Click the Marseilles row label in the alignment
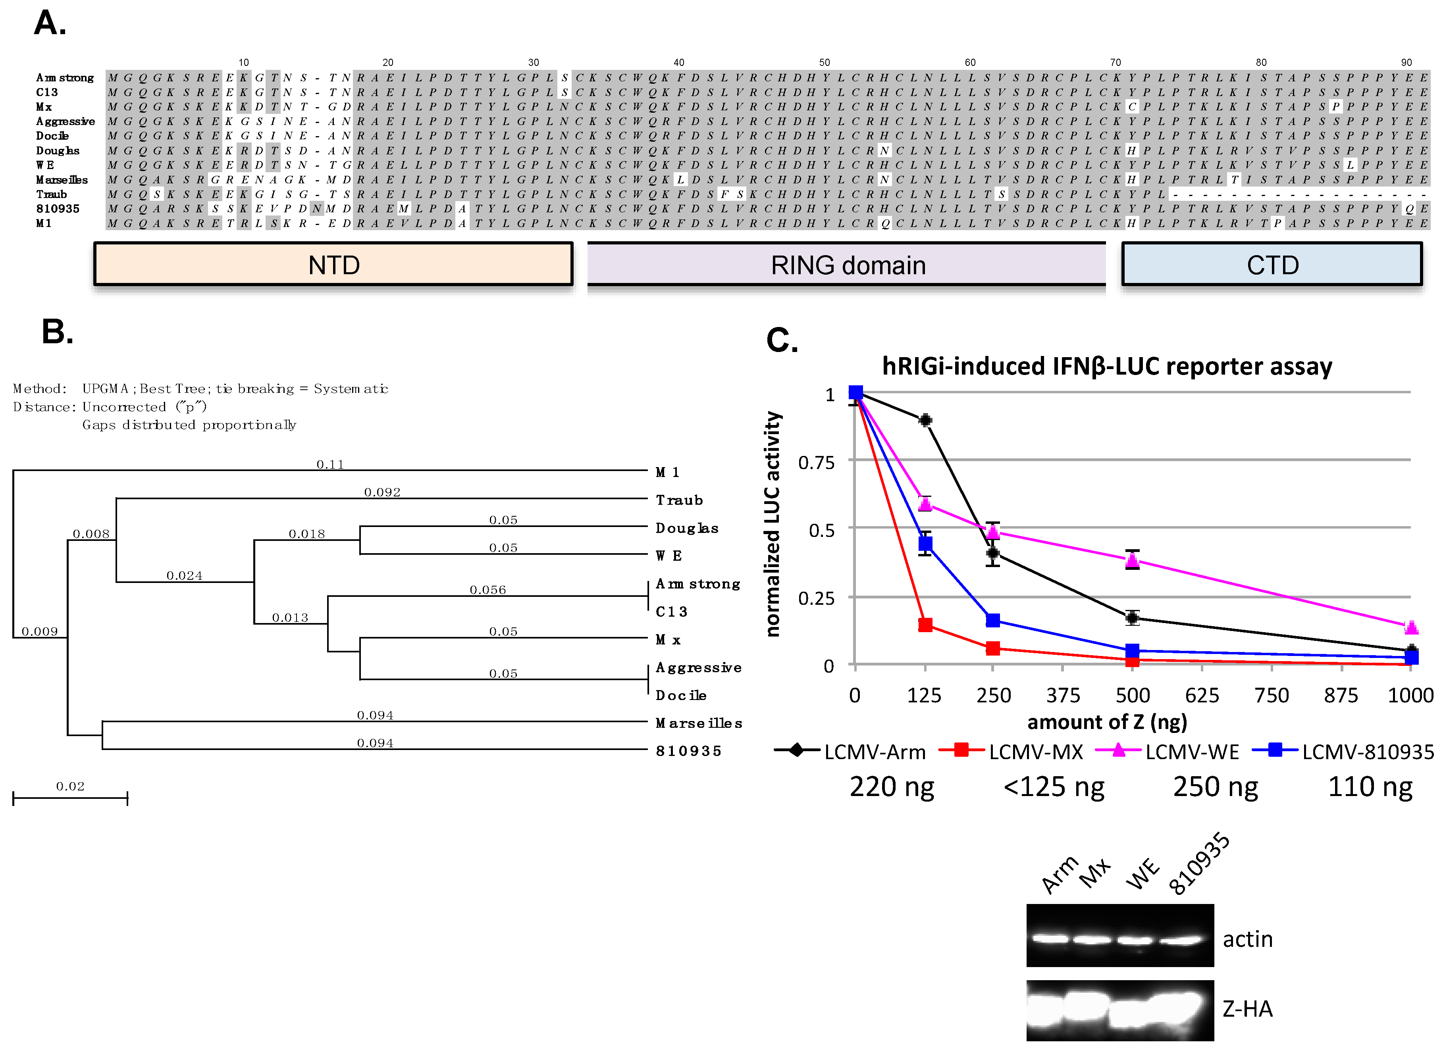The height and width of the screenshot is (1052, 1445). (x=62, y=180)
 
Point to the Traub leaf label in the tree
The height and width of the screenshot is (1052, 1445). (x=679, y=500)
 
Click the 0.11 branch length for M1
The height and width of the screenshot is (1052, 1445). (x=330, y=464)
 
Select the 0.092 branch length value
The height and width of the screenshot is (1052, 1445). (x=382, y=492)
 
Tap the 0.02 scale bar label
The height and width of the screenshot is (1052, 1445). (x=70, y=787)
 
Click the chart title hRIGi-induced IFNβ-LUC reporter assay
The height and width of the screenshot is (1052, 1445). (x=1107, y=366)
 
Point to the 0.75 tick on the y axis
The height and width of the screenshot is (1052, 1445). (x=816, y=462)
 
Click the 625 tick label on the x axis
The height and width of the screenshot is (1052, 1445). (x=1202, y=695)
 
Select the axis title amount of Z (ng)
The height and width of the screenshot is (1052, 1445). (x=1107, y=722)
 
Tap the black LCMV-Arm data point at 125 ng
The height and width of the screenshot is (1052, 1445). (x=925, y=420)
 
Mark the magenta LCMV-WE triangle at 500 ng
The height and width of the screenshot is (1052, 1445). (x=1132, y=560)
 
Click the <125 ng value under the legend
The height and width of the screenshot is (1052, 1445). (x=1054, y=787)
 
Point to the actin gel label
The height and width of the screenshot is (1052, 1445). (x=1247, y=939)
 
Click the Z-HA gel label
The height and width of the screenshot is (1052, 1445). (x=1247, y=1009)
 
